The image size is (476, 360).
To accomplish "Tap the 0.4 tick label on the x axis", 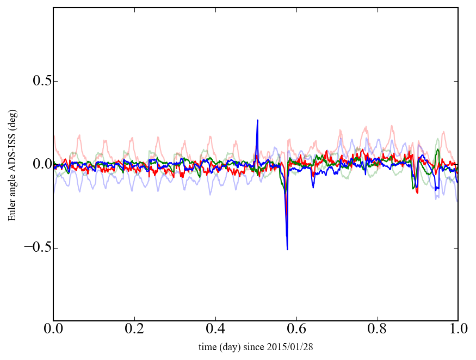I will tap(215, 330).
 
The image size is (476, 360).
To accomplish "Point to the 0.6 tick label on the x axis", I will tap(296, 330).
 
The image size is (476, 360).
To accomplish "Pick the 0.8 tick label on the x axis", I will tap(377, 330).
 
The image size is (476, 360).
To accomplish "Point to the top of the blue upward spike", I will tap(257, 120).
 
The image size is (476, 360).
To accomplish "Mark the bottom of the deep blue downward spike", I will tap(287, 249).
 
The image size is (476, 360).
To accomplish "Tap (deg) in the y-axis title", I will tap(12, 129).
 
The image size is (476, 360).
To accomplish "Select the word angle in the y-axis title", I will tap(12, 188).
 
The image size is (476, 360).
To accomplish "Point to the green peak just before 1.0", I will tap(438, 149).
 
